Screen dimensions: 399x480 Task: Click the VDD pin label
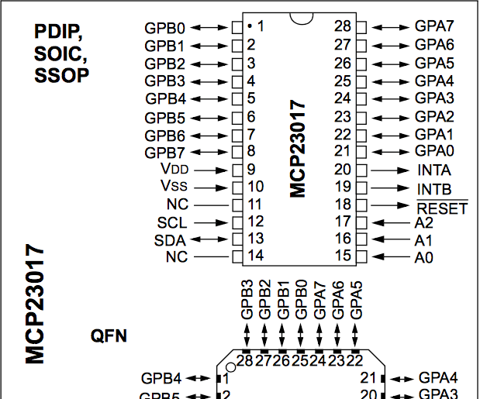pos(174,170)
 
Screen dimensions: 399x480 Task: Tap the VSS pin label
pos(174,187)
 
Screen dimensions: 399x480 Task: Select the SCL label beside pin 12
pos(171,222)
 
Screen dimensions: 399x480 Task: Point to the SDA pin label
pos(171,239)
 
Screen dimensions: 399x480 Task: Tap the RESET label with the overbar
pos(441,208)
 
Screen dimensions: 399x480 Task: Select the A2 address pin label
pos(424,222)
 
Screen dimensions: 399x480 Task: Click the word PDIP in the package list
pos(58,32)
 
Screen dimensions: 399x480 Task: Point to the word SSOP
pos(60,75)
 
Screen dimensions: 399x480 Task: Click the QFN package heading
pos(109,336)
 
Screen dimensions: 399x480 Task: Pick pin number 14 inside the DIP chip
pos(255,256)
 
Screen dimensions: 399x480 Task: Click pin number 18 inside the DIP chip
pos(343,205)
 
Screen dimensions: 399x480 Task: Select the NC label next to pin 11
pos(177,205)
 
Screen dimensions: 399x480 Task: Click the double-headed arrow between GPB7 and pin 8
pos(211,151)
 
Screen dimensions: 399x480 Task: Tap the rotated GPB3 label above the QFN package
pos(247,300)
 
